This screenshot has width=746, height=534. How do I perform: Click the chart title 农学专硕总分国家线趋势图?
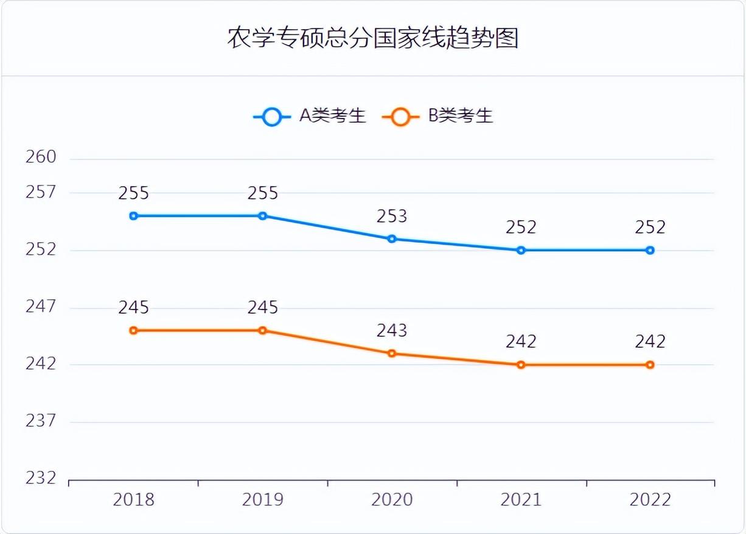point(372,38)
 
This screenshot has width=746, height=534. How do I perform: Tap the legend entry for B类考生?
point(438,116)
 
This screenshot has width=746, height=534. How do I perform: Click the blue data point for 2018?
point(134,216)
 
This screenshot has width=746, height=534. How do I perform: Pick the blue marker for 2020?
point(392,238)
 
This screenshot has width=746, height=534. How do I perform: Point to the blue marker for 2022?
point(650,250)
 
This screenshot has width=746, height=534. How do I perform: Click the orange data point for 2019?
point(263,330)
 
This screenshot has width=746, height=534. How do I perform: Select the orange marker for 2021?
point(521,365)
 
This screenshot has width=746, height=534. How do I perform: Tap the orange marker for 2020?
point(392,353)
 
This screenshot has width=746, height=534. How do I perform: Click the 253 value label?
point(392,216)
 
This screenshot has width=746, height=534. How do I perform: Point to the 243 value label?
point(392,330)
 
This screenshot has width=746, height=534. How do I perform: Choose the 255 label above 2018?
point(134,193)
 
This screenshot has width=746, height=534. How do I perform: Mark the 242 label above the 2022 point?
point(650,342)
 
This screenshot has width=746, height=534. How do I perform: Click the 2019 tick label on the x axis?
point(263,500)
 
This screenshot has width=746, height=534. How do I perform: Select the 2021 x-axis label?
point(521,500)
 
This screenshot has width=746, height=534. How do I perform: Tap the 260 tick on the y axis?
point(41,157)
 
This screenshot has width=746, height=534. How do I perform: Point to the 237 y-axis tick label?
point(41,420)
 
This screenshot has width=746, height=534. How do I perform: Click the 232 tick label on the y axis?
point(41,478)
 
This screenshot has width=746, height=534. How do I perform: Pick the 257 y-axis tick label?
point(41,192)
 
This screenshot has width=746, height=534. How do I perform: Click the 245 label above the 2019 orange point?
point(263,308)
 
